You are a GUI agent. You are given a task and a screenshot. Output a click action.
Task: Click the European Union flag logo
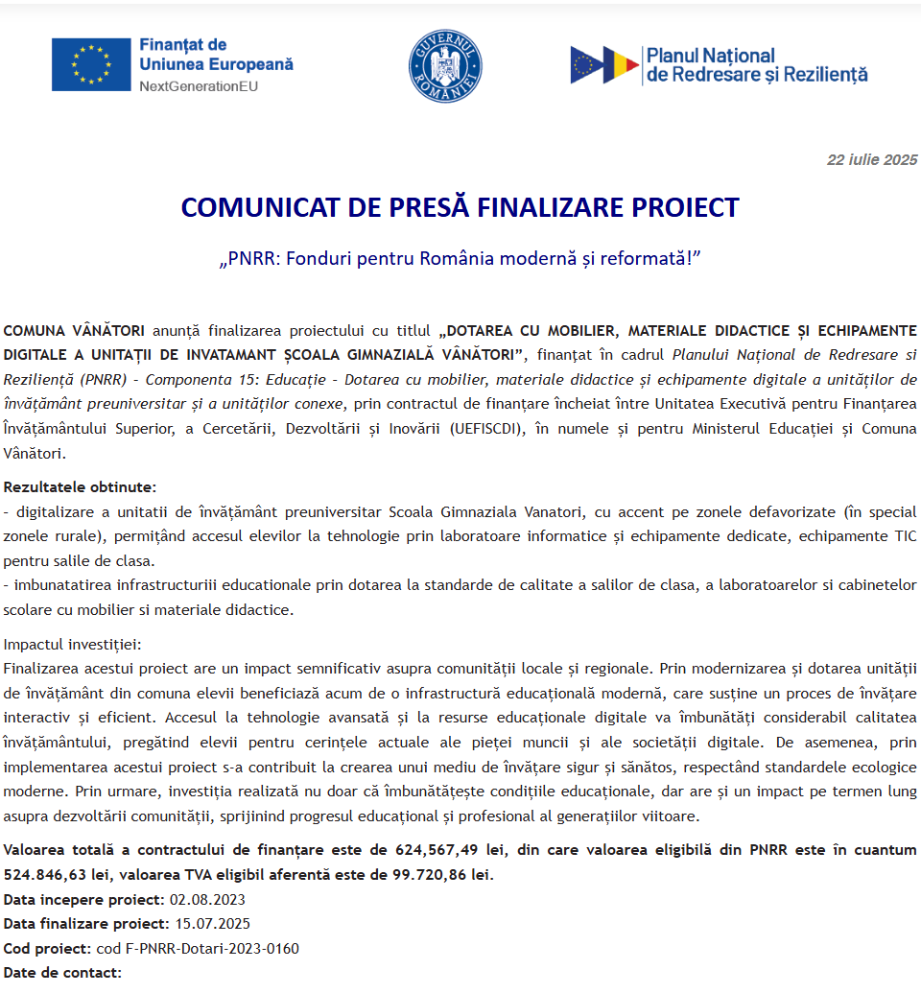(91, 64)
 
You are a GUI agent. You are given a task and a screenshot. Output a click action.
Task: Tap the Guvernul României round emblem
(444, 64)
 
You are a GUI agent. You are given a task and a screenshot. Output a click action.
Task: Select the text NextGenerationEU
(199, 86)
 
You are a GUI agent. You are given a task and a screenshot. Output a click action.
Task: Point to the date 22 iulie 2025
(872, 160)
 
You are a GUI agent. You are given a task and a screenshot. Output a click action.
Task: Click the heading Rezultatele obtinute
(80, 487)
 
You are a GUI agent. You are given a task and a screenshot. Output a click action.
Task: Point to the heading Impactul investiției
(72, 645)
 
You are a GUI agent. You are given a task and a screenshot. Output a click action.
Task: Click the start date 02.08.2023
(207, 900)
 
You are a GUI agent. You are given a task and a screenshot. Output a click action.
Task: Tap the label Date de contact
(62, 973)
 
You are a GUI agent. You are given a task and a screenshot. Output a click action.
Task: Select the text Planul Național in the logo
(710, 56)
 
